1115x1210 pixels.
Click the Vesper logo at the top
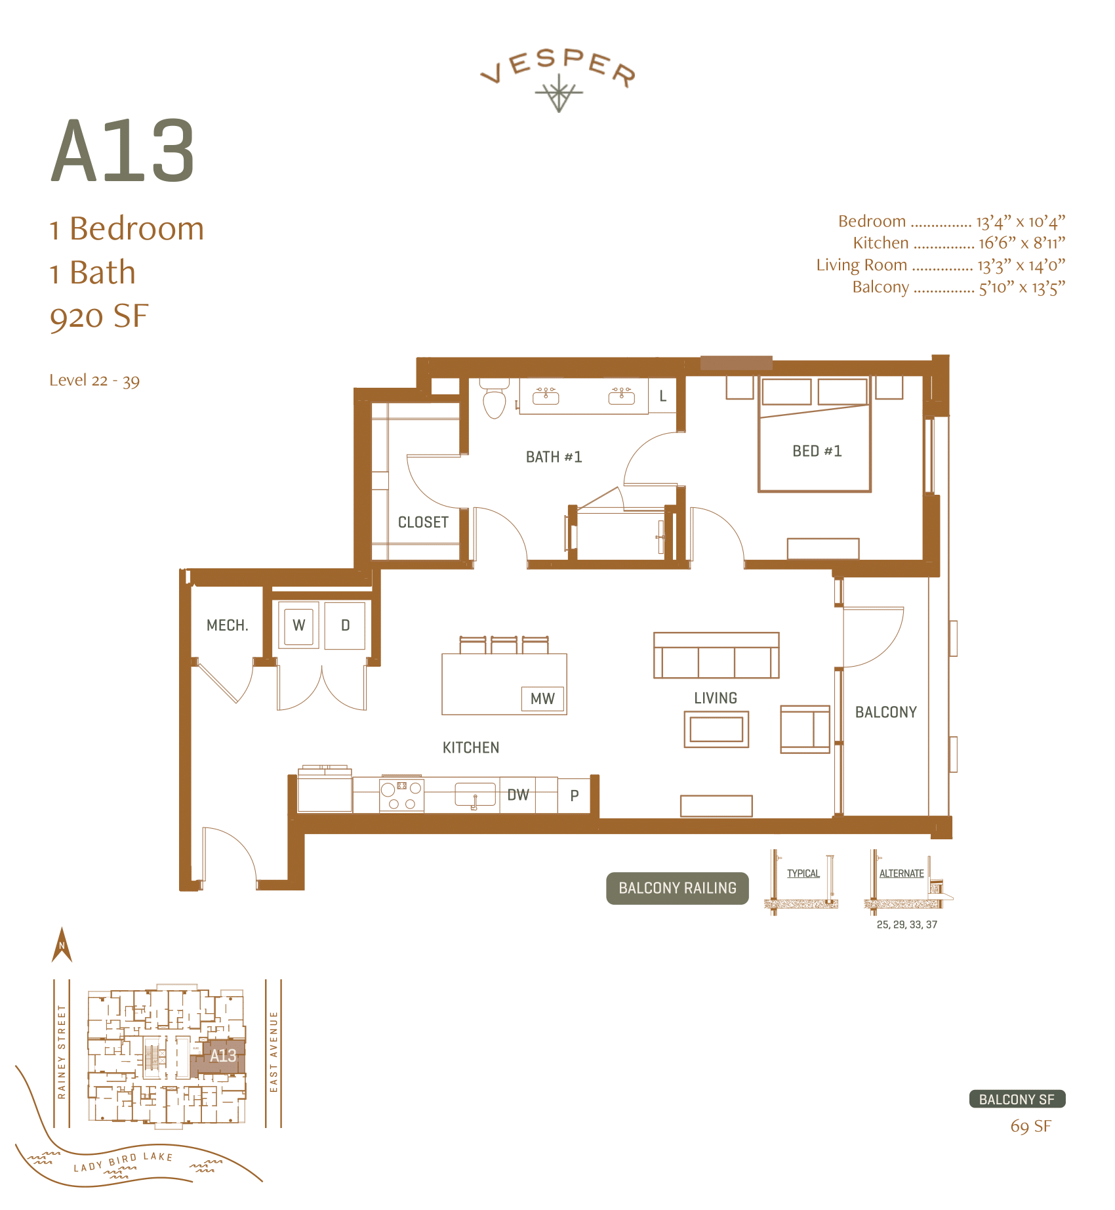coord(558,77)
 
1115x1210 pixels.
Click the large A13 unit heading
coord(123,152)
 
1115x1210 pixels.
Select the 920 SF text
coord(99,316)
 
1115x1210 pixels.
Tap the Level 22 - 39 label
coord(94,381)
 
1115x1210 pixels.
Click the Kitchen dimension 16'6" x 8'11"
coord(1021,243)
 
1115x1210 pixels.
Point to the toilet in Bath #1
coord(494,399)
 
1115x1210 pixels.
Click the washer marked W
coord(299,625)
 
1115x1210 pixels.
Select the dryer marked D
coord(345,625)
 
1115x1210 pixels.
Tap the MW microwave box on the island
coord(542,699)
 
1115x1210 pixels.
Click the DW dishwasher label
coord(518,795)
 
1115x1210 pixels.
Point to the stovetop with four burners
coord(401,795)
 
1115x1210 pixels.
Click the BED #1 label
coord(817,451)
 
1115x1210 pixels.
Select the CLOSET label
coord(423,522)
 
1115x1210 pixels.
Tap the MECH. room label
coord(227,625)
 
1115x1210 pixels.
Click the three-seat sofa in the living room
coord(716,656)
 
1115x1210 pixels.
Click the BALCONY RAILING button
coord(678,888)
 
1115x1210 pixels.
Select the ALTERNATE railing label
coord(901,873)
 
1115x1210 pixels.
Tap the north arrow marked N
coord(62,946)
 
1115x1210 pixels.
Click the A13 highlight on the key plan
coord(222,1056)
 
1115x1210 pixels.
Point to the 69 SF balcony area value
coord(1030,1127)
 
